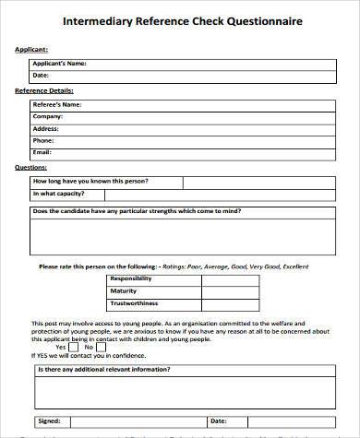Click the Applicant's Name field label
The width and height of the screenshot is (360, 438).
click(59, 63)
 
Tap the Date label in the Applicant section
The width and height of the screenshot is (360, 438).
click(41, 75)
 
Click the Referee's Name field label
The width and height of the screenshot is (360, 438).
click(56, 105)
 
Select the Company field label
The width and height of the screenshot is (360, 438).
click(48, 116)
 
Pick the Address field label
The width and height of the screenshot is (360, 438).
click(47, 128)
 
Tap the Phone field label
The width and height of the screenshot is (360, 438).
click(44, 140)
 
